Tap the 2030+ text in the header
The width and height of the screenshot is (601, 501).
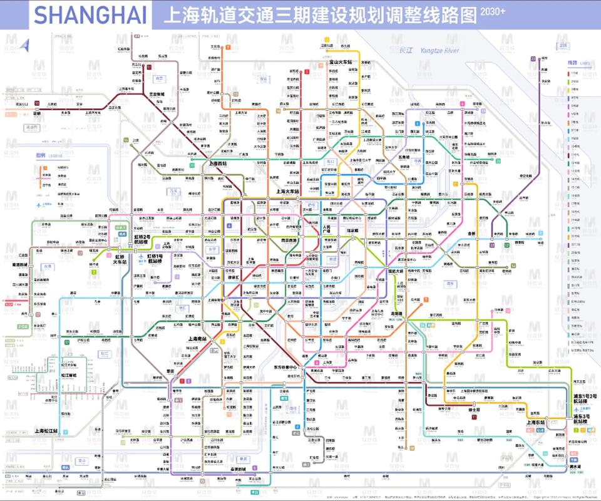point(493,11)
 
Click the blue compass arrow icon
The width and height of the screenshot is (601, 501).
point(26,46)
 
